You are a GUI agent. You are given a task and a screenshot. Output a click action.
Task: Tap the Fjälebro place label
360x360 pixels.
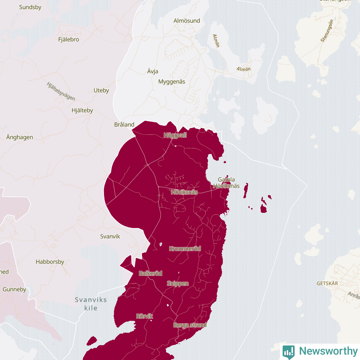[68, 40]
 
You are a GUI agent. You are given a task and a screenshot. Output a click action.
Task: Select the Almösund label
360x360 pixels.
[187, 20]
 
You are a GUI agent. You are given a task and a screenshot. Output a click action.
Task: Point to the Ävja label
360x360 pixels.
[153, 72]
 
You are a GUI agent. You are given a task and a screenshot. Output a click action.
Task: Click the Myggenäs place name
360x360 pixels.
[172, 82]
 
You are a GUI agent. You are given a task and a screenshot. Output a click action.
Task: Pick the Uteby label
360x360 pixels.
[101, 90]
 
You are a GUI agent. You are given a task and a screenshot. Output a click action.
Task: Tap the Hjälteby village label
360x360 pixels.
[82, 111]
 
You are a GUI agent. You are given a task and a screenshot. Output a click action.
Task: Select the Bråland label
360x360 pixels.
[124, 124]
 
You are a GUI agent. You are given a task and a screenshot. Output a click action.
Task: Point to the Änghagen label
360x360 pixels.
[20, 137]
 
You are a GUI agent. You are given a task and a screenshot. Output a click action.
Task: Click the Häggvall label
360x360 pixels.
[175, 135]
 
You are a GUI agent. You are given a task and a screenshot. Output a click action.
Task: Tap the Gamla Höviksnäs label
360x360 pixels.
[226, 183]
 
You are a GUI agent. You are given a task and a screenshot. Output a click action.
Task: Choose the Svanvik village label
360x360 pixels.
[110, 236]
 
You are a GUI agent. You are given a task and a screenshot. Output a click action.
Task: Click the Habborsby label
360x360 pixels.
[50, 262]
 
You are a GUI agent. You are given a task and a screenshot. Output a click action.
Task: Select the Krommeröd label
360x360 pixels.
[185, 249]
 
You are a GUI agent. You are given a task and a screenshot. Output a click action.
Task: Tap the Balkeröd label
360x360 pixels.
[150, 274]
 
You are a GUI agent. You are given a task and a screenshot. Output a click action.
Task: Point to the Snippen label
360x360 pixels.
[178, 284]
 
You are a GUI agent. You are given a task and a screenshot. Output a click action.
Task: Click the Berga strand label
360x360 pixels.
[190, 325]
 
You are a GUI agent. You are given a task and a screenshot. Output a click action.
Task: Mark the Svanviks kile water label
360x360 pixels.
[91, 304]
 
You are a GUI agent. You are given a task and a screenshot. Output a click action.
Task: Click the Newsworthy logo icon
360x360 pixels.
[288, 351]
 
